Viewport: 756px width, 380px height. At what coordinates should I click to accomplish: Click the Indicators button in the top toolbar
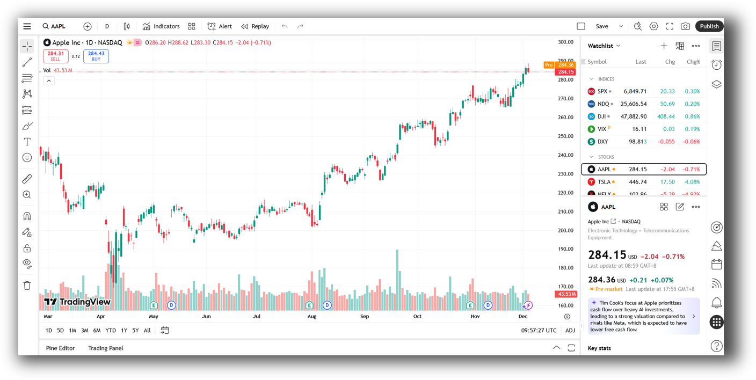pos(161,26)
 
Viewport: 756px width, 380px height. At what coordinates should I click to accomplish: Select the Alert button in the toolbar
pos(220,26)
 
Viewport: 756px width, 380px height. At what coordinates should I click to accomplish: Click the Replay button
pos(255,26)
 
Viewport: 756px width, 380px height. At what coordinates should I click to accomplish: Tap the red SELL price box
pos(56,56)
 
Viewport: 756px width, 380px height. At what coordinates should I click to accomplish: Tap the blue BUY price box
pos(96,56)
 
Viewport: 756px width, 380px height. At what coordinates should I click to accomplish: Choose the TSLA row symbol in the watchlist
pos(604,182)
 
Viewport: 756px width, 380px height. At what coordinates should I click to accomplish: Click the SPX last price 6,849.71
pos(635,91)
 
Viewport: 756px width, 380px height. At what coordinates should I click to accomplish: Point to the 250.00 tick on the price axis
pos(565,136)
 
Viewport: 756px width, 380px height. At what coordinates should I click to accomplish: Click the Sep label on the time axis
pos(365,317)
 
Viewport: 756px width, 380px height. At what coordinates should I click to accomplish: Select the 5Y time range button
pos(135,331)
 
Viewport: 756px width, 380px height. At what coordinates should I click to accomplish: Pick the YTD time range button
pos(111,331)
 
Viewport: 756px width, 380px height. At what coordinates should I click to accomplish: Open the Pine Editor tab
pos(61,348)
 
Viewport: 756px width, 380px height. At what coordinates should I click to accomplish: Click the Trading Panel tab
pos(106,348)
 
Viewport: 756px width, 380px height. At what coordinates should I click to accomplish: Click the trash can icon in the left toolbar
pos(27,286)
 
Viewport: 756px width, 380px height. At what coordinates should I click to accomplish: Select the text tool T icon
pos(27,142)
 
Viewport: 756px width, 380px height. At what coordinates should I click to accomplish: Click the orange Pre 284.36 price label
pos(559,65)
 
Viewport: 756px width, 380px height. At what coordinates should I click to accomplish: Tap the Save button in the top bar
pos(602,26)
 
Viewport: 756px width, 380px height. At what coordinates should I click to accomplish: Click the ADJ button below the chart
pos(570,331)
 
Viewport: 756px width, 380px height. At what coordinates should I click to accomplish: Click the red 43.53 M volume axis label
pos(565,294)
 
